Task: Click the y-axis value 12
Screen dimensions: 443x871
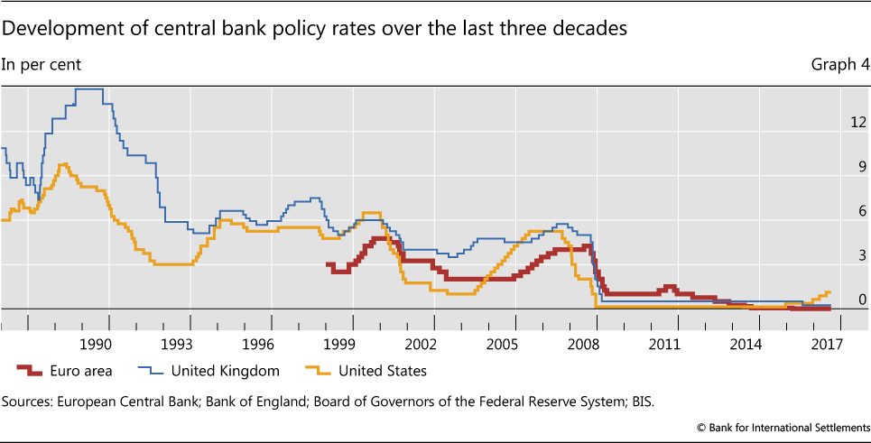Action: tap(859, 122)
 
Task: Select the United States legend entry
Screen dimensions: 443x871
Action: tap(381, 371)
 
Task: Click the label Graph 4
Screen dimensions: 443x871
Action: tap(840, 64)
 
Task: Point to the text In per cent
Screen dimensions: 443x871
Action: tap(42, 64)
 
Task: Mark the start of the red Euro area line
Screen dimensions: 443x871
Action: tap(328, 265)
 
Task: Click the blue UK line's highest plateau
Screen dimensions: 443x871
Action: tap(88, 89)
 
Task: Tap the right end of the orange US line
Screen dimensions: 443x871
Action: tap(829, 292)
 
